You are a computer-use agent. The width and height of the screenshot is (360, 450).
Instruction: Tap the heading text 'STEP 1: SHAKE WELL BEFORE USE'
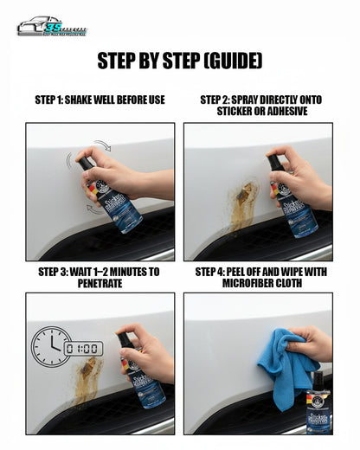point(100,100)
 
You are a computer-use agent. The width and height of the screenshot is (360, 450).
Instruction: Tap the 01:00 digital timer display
point(85,348)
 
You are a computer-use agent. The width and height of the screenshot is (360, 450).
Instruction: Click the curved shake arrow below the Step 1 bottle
point(92,208)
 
